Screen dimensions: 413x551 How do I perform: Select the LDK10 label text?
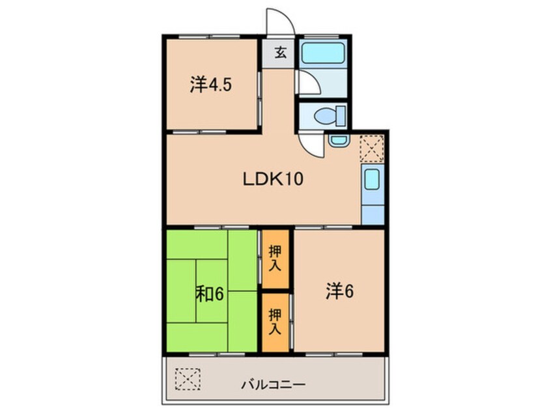(x=274, y=180)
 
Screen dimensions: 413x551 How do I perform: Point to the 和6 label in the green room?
(x=210, y=294)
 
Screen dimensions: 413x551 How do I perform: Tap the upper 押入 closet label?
(x=275, y=259)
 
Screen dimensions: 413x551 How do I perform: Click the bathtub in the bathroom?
(x=324, y=53)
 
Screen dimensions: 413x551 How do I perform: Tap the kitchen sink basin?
(x=372, y=180)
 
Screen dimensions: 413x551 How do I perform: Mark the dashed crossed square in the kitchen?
(x=372, y=148)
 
